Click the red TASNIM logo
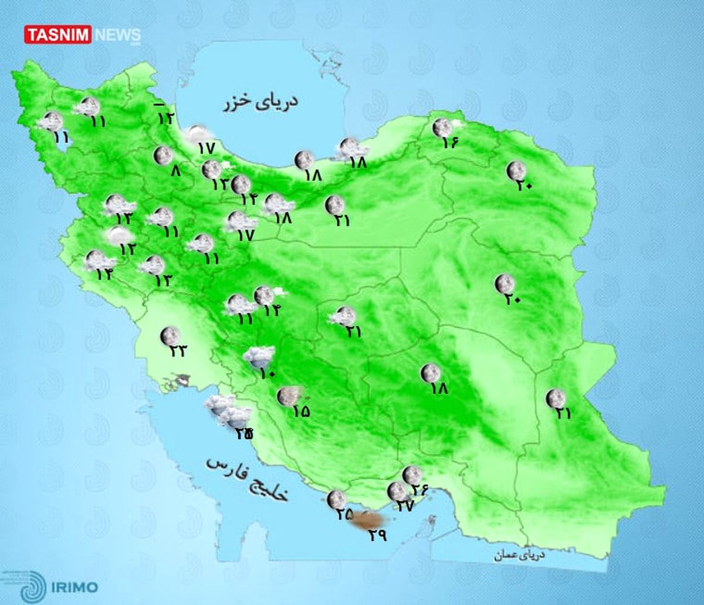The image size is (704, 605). click(x=57, y=35)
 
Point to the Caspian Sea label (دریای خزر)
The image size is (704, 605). click(x=260, y=102)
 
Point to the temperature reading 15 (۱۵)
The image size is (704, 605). click(x=300, y=411)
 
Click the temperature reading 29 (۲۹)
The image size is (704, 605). click(x=377, y=535)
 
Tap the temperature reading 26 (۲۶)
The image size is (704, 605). click(x=420, y=489)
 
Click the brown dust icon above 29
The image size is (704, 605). click(x=368, y=519)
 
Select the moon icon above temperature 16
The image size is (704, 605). click(x=442, y=127)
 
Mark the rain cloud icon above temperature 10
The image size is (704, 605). click(x=259, y=356)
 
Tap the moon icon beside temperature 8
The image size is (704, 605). click(x=163, y=156)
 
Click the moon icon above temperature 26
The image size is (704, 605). click(x=412, y=474)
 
